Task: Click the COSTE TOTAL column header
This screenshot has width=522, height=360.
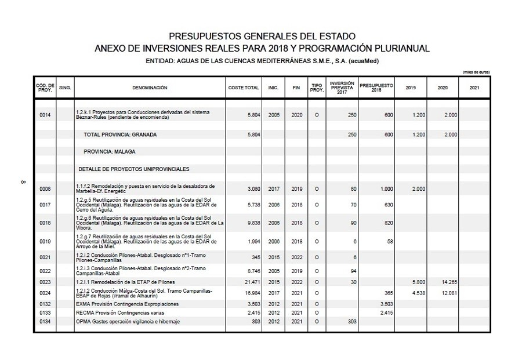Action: pos(244,88)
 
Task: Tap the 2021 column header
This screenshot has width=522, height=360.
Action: pos(474,88)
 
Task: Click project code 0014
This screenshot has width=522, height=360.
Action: pos(45,115)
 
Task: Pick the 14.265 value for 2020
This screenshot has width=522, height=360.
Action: pos(446,282)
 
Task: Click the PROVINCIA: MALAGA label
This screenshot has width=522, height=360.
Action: pos(110,151)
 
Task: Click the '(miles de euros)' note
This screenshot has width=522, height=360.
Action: pos(476,72)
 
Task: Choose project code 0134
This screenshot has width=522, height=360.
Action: pos(45,321)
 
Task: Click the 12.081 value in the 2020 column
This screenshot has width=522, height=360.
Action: pos(446,293)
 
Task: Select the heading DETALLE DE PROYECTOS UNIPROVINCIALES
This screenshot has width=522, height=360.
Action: pos(134,169)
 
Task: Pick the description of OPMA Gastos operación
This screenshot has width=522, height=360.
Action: pos(128,321)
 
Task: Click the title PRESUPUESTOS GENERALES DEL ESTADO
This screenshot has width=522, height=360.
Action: pos(262,37)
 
